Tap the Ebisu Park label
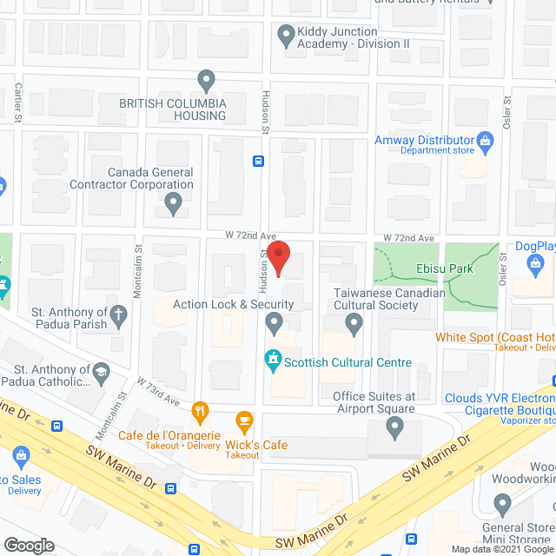[x=443, y=268]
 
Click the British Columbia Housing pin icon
[x=206, y=83]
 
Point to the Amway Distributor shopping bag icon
[x=486, y=140]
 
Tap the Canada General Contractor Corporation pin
[x=173, y=205]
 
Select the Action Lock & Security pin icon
[x=275, y=325]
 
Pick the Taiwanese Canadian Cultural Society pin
[x=354, y=325]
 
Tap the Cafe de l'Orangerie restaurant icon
[x=201, y=410]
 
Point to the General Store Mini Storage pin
[x=502, y=504]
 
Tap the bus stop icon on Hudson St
[x=258, y=161]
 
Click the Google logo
[x=29, y=545]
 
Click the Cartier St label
[x=19, y=103]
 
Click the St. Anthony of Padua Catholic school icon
[x=101, y=372]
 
